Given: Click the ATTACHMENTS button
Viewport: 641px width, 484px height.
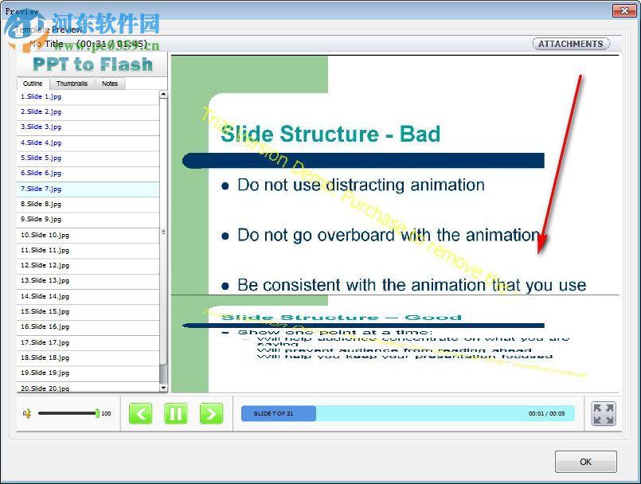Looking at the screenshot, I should point(570,44).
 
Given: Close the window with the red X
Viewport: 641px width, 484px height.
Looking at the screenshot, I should point(623,10).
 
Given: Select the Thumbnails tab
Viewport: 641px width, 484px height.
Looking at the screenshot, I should point(72,84).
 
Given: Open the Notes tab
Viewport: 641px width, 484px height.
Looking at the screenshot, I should point(110,84).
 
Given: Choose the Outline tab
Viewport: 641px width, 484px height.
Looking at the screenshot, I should point(33,84).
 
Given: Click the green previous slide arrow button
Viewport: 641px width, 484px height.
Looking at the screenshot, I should point(140,413).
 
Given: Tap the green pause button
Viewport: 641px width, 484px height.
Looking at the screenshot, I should point(176,413).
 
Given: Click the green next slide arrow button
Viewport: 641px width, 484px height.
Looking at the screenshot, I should point(211,413).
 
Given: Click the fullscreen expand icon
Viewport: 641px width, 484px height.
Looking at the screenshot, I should point(603,413).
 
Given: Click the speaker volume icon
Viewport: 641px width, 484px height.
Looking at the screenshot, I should point(26,413).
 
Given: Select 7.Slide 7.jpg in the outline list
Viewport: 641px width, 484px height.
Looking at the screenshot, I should point(41,189).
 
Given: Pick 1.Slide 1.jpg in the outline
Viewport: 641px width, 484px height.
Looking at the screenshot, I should point(41,96).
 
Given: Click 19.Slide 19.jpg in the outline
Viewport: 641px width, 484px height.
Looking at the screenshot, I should point(45,373).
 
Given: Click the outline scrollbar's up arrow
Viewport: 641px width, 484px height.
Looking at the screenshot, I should point(163,95).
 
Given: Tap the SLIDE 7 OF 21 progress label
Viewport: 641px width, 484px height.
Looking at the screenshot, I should point(275,413).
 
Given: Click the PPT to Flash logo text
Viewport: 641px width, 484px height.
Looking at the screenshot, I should point(92,64).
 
